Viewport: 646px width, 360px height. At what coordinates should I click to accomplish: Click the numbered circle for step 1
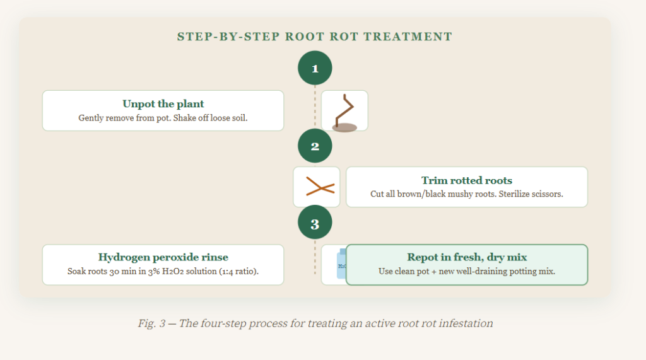[315, 68]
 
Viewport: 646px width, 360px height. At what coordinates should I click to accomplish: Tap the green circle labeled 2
[315, 146]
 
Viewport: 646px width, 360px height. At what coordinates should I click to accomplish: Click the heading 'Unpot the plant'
[163, 104]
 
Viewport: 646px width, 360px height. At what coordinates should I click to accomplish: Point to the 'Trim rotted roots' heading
[467, 180]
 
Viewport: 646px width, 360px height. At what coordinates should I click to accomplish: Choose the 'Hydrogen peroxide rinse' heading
[163, 257]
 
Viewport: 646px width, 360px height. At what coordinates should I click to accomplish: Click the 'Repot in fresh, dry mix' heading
[467, 257]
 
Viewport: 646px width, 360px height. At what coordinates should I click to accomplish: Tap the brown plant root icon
[344, 112]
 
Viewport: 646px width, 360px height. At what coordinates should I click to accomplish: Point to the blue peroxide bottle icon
[339, 265]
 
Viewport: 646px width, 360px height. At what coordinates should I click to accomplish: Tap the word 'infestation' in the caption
[466, 323]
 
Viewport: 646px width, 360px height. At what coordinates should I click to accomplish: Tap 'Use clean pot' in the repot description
[405, 272]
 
